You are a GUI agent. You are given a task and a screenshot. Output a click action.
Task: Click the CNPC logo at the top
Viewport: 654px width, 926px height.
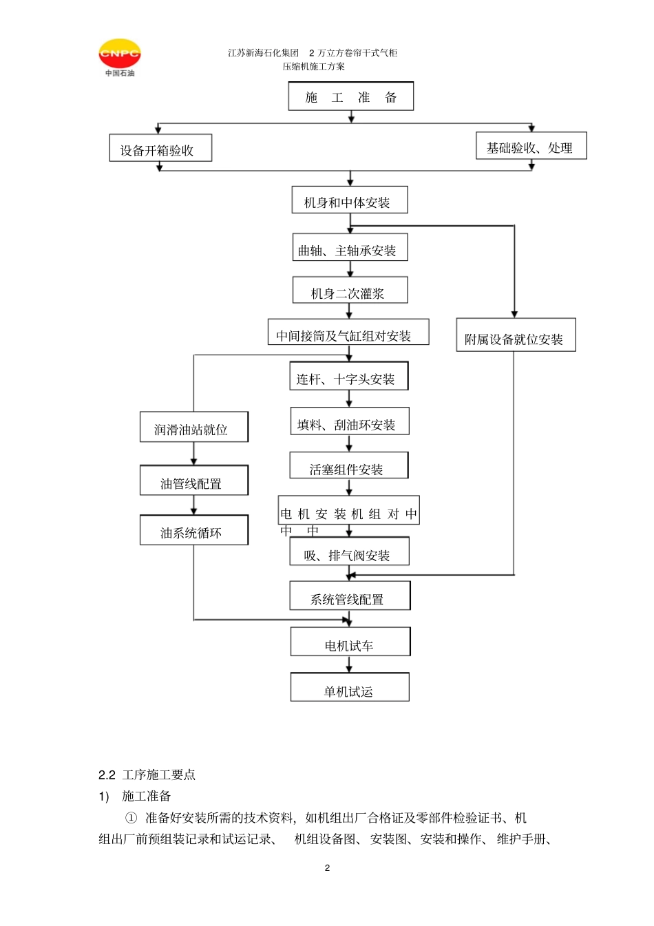pyautogui.click(x=120, y=57)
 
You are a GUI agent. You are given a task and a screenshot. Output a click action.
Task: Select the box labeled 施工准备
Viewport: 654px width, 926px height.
pyautogui.click(x=350, y=96)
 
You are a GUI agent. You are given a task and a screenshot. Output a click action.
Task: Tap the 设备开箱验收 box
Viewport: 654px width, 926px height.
pyautogui.click(x=160, y=147)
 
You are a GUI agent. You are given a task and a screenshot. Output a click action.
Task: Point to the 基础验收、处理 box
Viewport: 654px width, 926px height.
pyautogui.click(x=531, y=145)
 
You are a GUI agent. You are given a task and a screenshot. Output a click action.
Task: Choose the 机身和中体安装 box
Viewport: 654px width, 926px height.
pyautogui.click(x=350, y=200)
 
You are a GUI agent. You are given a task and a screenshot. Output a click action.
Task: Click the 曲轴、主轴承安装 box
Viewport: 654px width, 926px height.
pyautogui.click(x=350, y=247)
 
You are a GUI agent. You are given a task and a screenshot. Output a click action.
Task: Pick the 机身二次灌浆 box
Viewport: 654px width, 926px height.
pyautogui.click(x=350, y=290)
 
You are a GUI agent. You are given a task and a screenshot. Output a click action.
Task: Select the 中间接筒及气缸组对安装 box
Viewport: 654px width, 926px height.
pyautogui.click(x=348, y=332)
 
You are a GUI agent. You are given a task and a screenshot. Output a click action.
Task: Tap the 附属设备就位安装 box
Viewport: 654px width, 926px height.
pyautogui.click(x=516, y=335)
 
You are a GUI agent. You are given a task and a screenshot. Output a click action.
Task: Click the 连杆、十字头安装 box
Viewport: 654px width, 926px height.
pyautogui.click(x=349, y=376)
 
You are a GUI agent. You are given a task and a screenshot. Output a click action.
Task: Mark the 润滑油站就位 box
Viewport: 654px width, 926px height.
pyautogui.click(x=194, y=427)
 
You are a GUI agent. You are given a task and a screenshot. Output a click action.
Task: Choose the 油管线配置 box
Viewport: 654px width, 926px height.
pyautogui.click(x=194, y=480)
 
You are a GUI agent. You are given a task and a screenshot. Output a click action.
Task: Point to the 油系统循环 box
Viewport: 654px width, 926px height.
pyautogui.click(x=194, y=529)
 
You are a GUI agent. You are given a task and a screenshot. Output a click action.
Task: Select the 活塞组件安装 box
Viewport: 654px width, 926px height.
pyautogui.click(x=349, y=465)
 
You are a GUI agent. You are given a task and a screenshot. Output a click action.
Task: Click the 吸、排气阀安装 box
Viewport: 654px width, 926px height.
pyautogui.click(x=349, y=551)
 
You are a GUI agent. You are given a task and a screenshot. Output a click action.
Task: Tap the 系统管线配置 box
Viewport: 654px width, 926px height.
pyautogui.click(x=350, y=596)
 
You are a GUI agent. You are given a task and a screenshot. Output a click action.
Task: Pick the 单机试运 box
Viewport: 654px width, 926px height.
pyautogui.click(x=350, y=687)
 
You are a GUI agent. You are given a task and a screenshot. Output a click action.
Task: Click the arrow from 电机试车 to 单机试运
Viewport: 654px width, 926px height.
pyautogui.click(x=349, y=664)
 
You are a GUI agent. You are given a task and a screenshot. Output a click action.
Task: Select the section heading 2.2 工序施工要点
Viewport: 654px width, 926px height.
pyautogui.click(x=147, y=775)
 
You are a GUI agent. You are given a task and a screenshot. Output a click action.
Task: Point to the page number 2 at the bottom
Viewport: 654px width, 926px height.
pyautogui.click(x=328, y=867)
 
